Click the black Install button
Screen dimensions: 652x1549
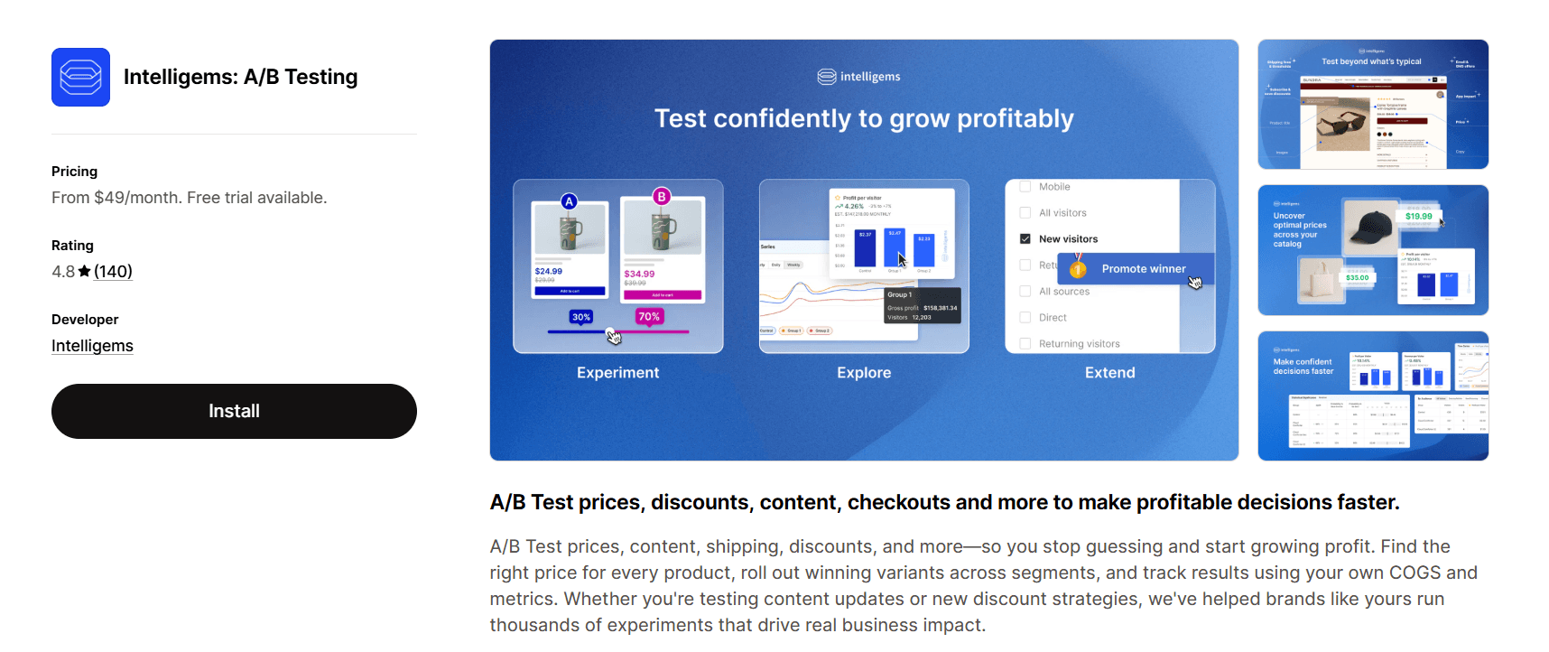click(x=234, y=411)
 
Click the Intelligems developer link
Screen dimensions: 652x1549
click(x=92, y=346)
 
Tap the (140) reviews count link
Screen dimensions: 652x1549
click(x=113, y=272)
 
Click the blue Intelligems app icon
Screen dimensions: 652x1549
click(x=80, y=78)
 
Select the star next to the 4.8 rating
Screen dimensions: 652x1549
click(x=84, y=271)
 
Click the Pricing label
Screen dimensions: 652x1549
click(x=74, y=172)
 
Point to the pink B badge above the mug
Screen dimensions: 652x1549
click(x=662, y=196)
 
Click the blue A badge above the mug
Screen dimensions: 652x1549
click(x=569, y=201)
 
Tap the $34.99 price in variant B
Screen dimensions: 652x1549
click(x=639, y=274)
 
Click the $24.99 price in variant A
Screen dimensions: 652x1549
click(x=549, y=271)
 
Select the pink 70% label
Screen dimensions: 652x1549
click(x=649, y=316)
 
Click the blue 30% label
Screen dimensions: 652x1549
click(x=581, y=317)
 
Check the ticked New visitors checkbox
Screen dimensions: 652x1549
click(x=1025, y=239)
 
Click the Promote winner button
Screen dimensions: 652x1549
click(x=1143, y=269)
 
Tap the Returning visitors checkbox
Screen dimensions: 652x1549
click(x=1025, y=343)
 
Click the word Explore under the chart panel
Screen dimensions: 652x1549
click(x=864, y=373)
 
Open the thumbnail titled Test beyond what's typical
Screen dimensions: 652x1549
click(x=1372, y=104)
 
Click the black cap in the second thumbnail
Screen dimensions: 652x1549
click(x=1370, y=226)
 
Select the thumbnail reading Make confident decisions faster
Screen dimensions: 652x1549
click(x=1372, y=396)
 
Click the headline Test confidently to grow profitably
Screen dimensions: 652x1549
click(x=864, y=118)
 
